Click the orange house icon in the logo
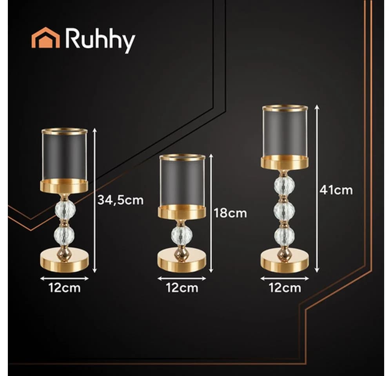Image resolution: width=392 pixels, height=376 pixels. [45, 38]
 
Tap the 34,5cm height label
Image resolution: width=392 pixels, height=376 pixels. [120, 201]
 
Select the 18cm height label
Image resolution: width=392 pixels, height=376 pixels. [230, 213]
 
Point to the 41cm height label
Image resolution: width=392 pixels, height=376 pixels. [336, 190]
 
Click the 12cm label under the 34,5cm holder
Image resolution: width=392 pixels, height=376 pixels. [65, 288]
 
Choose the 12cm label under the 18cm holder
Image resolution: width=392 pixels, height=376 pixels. [182, 288]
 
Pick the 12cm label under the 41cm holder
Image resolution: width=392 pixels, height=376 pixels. [285, 288]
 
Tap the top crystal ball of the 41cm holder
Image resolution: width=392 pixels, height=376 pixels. [284, 185]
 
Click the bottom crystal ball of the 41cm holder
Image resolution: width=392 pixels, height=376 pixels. [284, 236]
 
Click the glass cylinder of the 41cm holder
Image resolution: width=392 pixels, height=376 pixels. [285, 132]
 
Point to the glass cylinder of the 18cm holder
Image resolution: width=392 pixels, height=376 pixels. [182, 182]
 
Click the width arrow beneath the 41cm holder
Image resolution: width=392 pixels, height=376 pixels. [285, 278]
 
